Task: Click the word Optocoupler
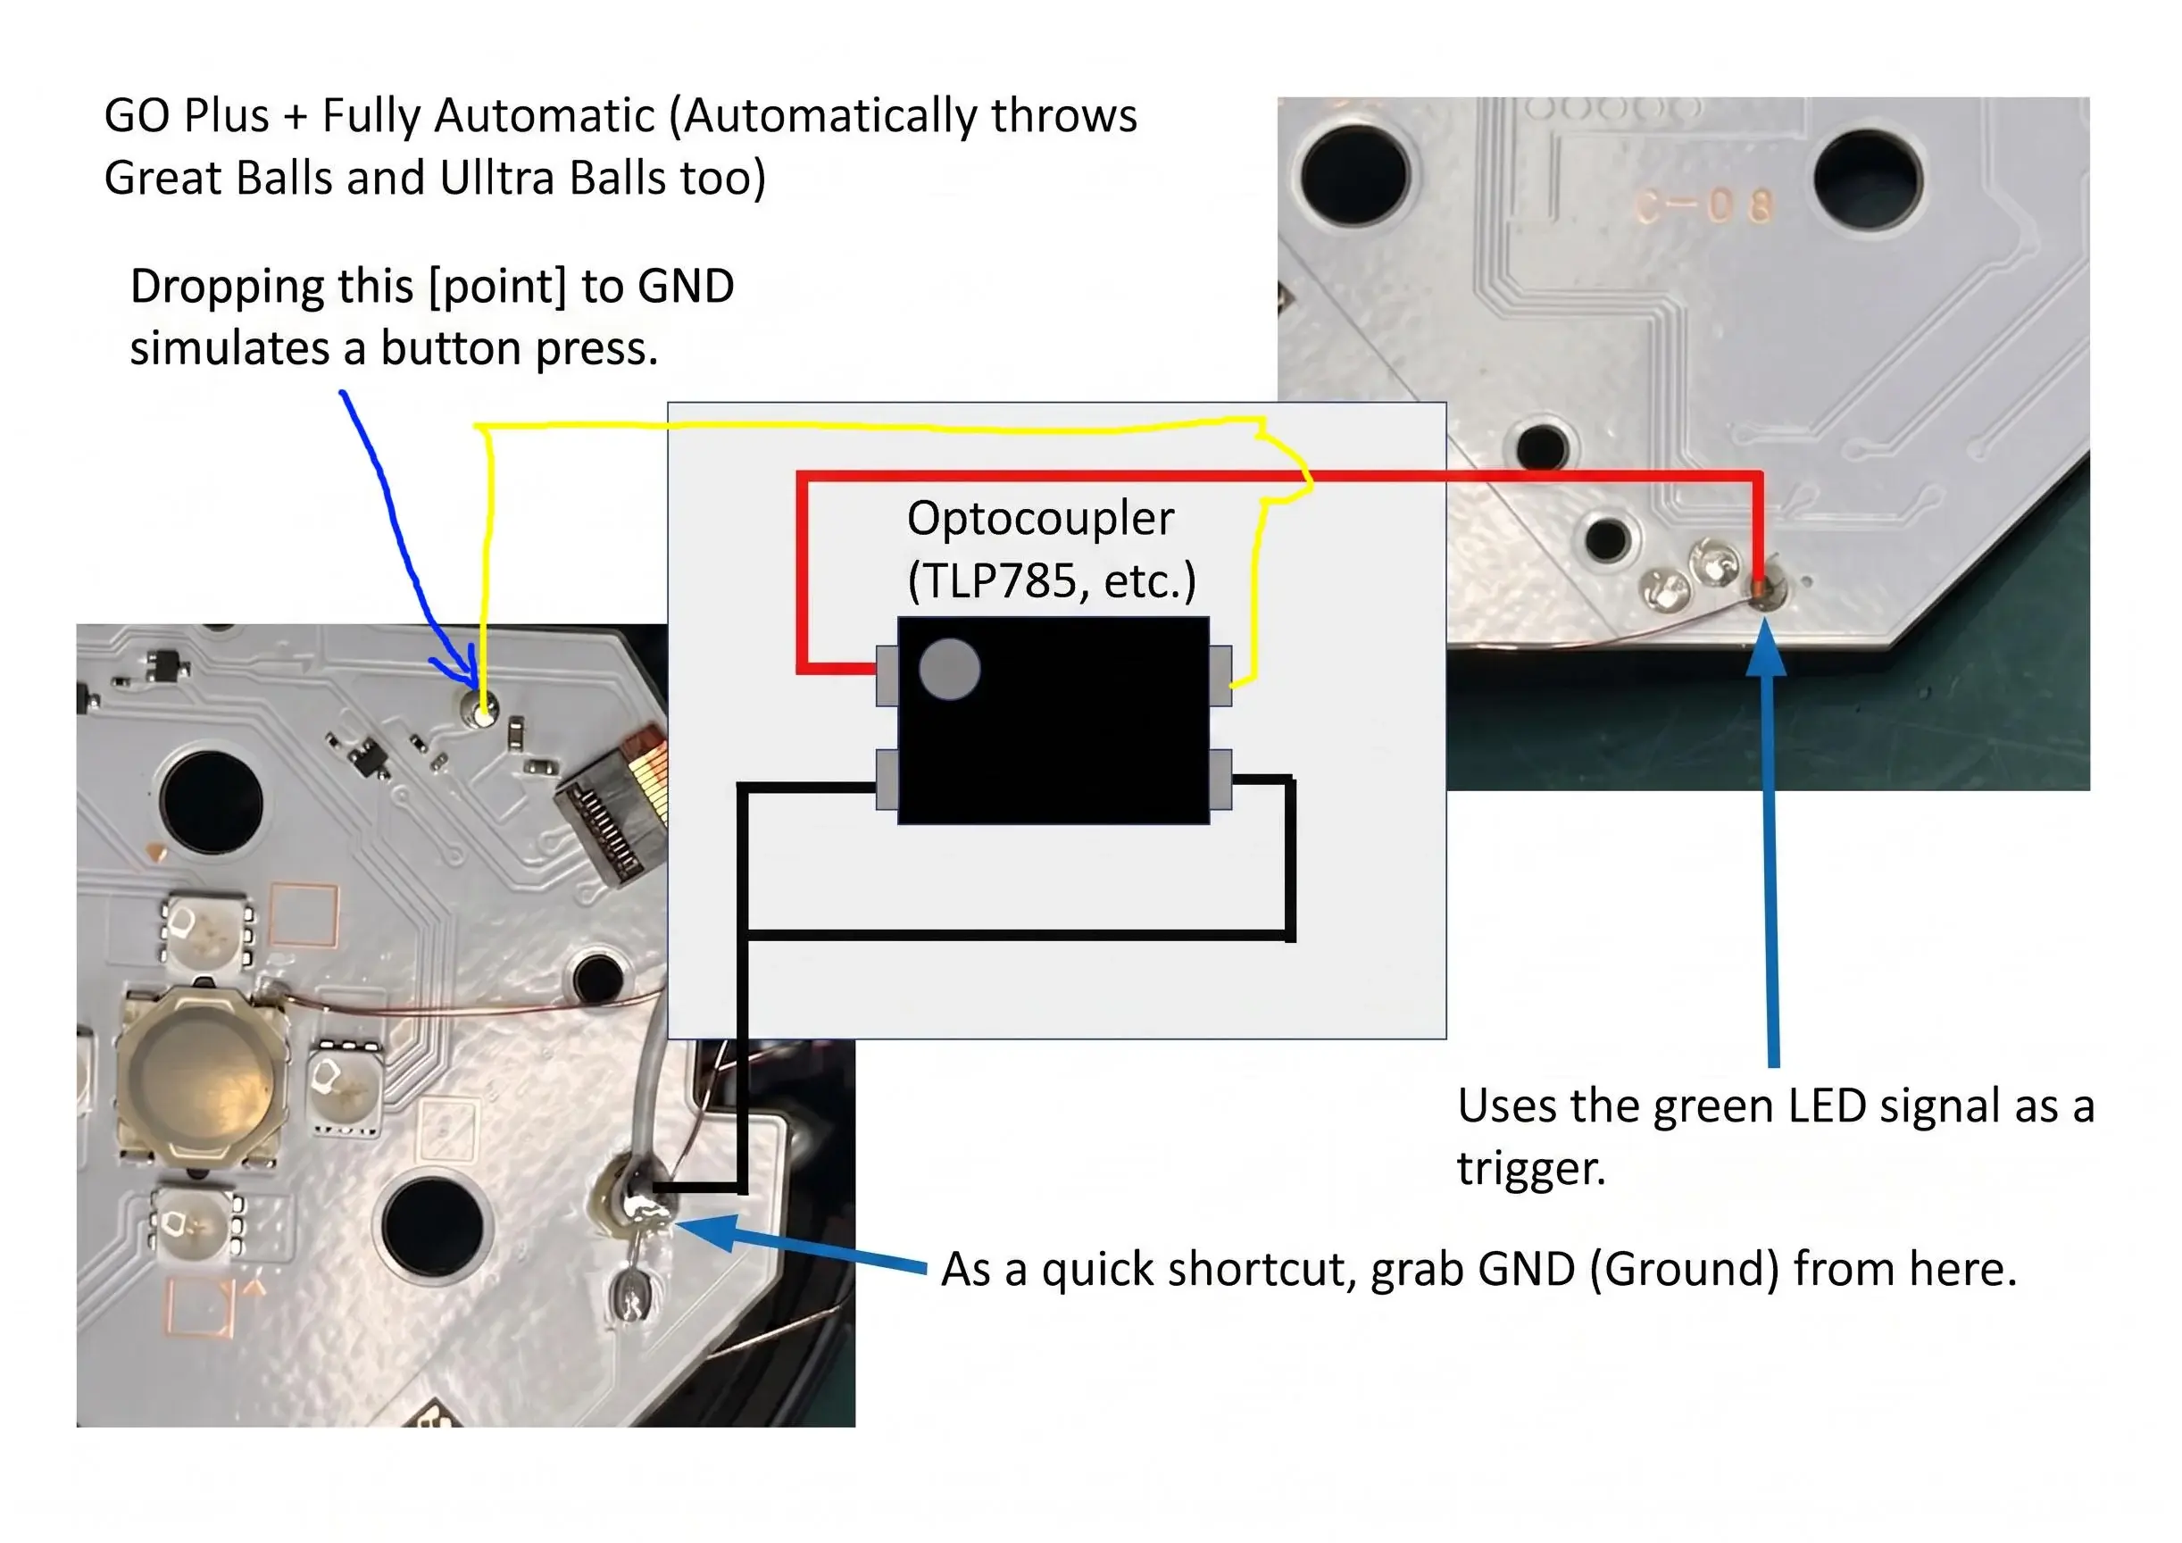1040,520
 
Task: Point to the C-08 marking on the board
1704,206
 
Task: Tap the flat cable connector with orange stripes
614,805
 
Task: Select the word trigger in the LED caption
1530,1171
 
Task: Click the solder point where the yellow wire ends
483,711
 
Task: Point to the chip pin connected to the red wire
887,675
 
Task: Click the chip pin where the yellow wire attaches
1220,675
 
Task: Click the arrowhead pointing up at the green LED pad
1766,645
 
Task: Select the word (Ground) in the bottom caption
1684,1270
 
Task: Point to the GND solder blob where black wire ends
646,1205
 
